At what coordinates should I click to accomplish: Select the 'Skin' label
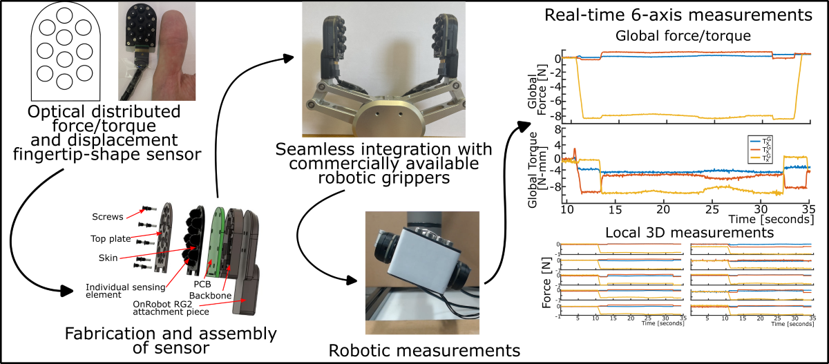point(108,257)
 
